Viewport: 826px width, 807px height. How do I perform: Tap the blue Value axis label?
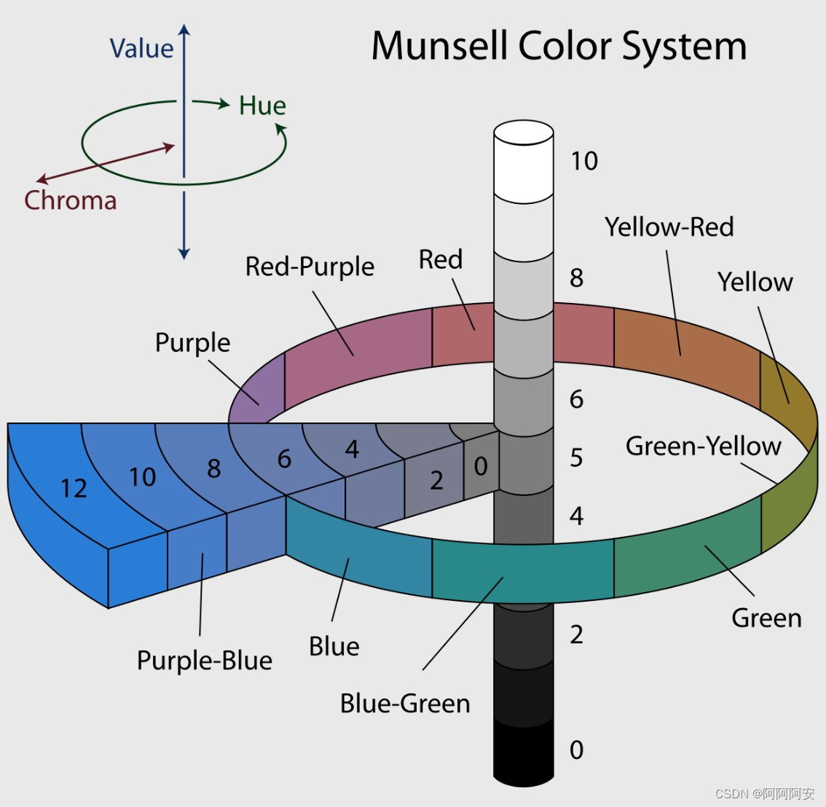(x=141, y=49)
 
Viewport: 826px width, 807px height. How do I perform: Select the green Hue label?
(x=262, y=106)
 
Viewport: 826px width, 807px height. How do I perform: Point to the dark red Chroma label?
(x=70, y=200)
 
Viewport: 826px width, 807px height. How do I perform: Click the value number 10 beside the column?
(x=583, y=161)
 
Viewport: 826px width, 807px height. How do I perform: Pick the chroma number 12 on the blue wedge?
(x=74, y=488)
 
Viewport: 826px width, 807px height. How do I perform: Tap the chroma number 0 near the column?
(x=481, y=466)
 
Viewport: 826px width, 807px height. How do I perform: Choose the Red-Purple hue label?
(x=310, y=267)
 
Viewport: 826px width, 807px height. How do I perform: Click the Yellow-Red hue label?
(x=669, y=227)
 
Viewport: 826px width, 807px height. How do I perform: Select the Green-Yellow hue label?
(x=703, y=446)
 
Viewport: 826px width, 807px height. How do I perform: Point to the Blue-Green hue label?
(x=405, y=704)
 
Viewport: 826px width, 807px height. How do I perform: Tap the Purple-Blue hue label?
(x=205, y=661)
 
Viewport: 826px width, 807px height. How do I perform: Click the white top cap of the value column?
(x=524, y=133)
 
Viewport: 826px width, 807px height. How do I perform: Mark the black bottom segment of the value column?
(x=524, y=754)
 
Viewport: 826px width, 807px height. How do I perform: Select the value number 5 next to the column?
(x=576, y=457)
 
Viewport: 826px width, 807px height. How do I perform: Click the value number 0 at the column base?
(x=576, y=749)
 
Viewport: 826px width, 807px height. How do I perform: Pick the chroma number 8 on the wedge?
(x=213, y=469)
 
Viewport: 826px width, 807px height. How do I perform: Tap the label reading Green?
(x=766, y=618)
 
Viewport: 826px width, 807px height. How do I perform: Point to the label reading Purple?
(x=192, y=342)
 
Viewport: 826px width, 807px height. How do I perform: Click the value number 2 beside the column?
(x=576, y=634)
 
